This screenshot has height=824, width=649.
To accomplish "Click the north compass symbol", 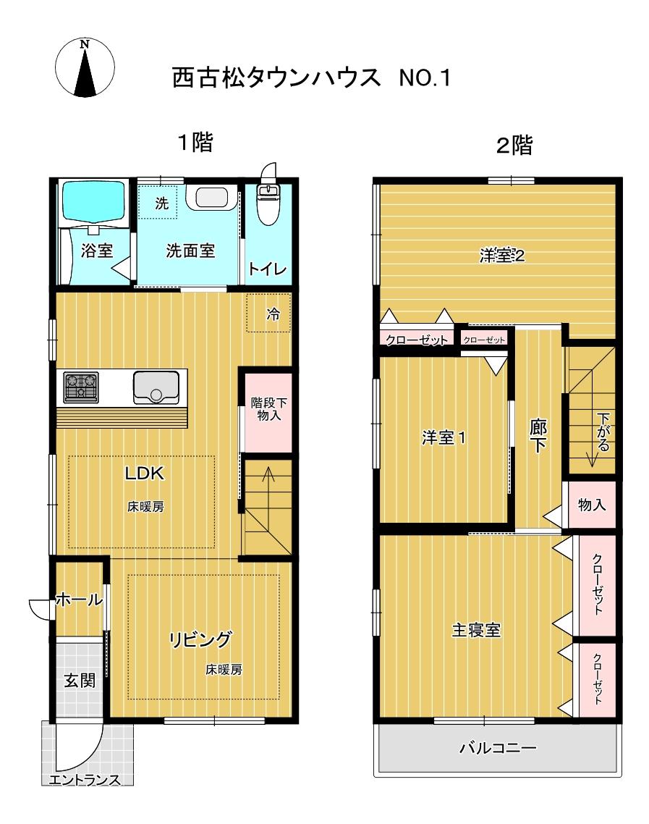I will coord(85,67).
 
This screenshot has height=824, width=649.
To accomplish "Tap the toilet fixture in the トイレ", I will coord(269,199).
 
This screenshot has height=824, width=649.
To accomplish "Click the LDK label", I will coord(146,474).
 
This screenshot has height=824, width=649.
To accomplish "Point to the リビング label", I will coord(200,639).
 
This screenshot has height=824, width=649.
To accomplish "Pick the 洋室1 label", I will coord(444,438).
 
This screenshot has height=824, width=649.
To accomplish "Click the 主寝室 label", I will coord(476,630).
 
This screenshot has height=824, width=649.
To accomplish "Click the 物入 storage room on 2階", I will coord(593,504).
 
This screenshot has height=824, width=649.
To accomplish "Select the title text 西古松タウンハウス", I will coord(276,77).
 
